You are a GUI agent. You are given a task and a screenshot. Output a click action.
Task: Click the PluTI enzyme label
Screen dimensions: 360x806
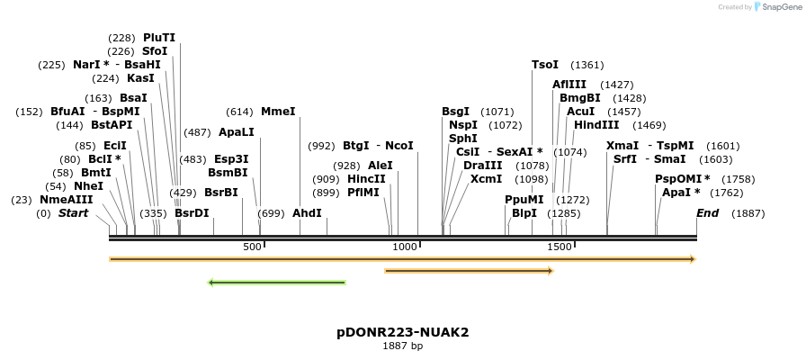[x=159, y=38]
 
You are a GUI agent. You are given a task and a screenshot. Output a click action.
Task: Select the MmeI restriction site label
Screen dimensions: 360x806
[x=278, y=112]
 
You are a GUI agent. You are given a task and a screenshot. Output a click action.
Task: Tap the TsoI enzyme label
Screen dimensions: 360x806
[x=545, y=65]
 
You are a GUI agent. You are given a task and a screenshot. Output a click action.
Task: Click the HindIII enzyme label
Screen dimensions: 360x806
[x=596, y=125]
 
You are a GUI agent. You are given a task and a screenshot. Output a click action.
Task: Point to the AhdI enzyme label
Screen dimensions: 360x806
[x=307, y=213]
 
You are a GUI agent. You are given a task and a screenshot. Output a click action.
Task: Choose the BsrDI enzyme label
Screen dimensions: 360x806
[x=192, y=213]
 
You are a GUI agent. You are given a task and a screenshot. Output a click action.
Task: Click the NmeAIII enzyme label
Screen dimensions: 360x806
[x=66, y=200]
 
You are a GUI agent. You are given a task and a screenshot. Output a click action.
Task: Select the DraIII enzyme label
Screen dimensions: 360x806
[x=483, y=166]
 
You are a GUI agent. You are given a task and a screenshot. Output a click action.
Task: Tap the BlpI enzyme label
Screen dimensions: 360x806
[x=524, y=213]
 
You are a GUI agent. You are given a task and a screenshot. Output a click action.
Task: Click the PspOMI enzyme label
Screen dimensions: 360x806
[x=682, y=178]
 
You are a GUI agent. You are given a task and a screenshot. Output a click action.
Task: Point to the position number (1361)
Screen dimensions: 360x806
[x=587, y=65]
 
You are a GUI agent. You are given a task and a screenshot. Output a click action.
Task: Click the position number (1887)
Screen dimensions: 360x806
[x=748, y=213]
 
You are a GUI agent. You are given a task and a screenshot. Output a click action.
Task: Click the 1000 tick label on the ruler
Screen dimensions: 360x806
[x=406, y=247]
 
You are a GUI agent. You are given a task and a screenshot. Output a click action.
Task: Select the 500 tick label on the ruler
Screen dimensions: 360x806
[x=252, y=247]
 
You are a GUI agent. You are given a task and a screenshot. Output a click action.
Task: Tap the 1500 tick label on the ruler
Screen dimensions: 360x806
[x=560, y=247]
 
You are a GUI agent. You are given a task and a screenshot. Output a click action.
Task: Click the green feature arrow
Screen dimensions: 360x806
[x=277, y=283]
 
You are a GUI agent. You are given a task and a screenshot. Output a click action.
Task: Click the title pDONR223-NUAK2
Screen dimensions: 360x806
[x=403, y=332]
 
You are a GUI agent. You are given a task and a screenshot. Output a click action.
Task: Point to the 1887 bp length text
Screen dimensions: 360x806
[x=403, y=346]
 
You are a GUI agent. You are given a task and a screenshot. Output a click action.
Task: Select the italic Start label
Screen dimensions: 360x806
[x=74, y=213]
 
